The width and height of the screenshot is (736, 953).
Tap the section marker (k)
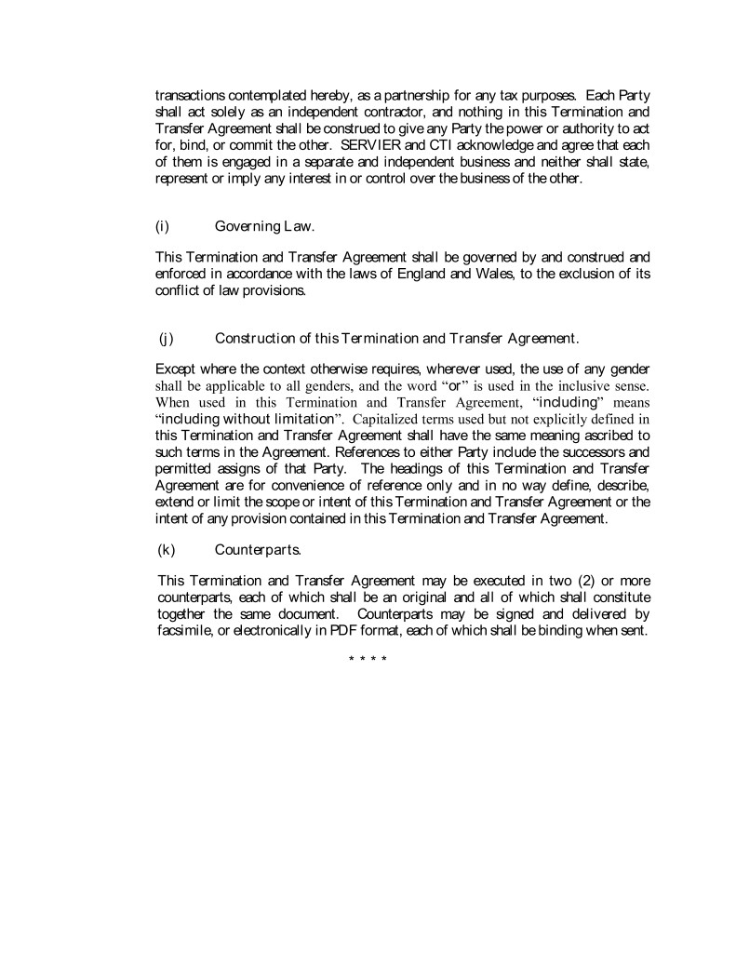click(x=167, y=549)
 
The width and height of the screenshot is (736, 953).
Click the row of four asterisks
click(x=368, y=660)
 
